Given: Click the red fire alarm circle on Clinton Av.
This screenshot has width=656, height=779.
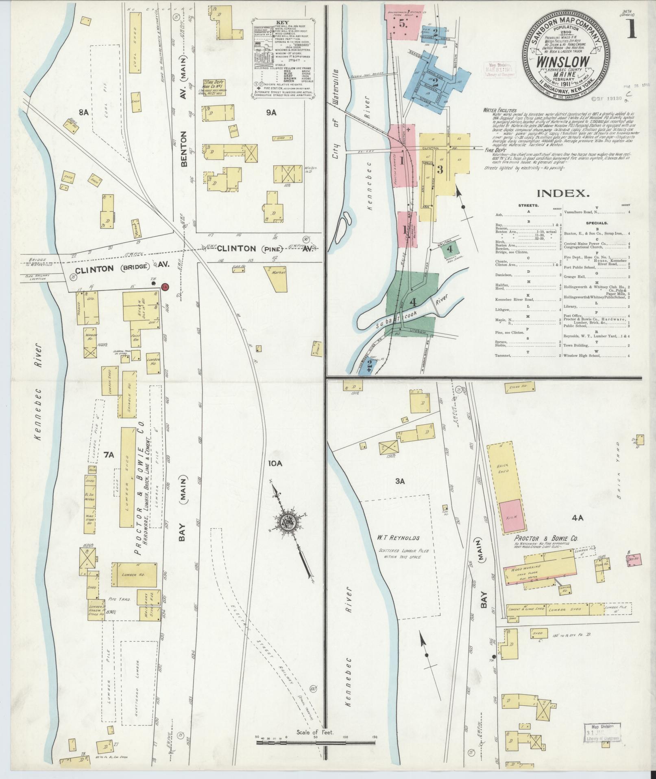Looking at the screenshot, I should pos(165,287).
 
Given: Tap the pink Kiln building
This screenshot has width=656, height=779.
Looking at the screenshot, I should pos(511,516).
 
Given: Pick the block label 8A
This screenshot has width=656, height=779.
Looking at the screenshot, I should pos(84,112).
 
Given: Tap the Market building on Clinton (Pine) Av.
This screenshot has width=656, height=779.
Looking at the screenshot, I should pos(277,278).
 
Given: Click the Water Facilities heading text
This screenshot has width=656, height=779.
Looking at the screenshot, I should pos(500,110).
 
